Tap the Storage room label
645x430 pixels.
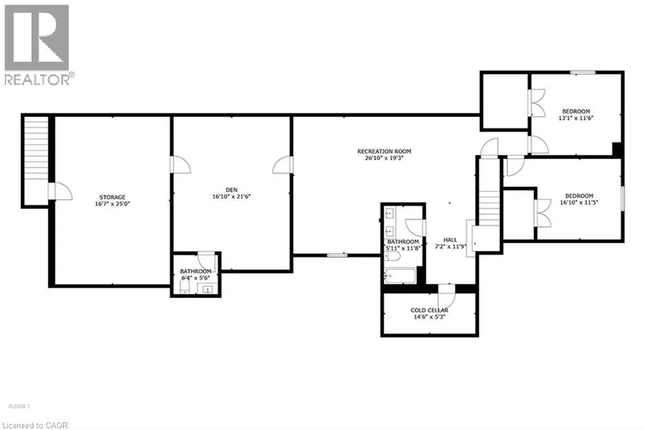click(x=112, y=197)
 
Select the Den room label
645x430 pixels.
click(x=232, y=190)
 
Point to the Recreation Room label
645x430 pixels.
click(x=384, y=151)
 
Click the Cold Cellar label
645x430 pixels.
click(x=430, y=310)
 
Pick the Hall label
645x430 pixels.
click(x=450, y=240)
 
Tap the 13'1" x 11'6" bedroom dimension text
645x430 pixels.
click(x=576, y=118)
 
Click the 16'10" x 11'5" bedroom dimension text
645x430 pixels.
click(x=579, y=202)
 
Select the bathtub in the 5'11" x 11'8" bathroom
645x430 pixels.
click(x=400, y=276)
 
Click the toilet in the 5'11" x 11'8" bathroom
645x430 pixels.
click(x=393, y=257)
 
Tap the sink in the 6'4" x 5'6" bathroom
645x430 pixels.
click(x=208, y=289)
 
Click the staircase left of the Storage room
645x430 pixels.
click(x=36, y=160)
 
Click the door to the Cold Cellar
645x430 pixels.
click(x=447, y=295)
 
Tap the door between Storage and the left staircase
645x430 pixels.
click(x=60, y=192)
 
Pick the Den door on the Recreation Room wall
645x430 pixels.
click(x=283, y=165)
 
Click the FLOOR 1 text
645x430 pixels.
click(x=19, y=407)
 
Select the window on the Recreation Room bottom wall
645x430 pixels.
click(x=338, y=255)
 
